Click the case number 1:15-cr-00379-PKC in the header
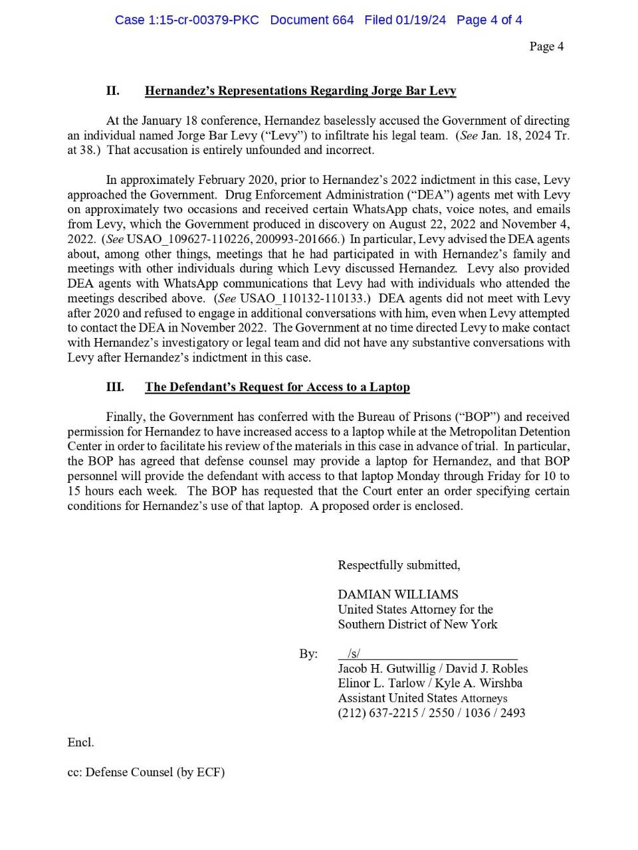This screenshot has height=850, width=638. [187, 20]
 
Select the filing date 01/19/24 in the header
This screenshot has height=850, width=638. [421, 20]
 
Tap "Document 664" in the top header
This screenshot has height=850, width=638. [312, 20]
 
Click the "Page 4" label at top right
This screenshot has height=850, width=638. [546, 46]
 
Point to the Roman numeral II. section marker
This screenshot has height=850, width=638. [113, 90]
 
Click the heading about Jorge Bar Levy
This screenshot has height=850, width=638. [300, 90]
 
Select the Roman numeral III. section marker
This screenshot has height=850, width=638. [115, 386]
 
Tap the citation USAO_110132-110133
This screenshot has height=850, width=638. [302, 298]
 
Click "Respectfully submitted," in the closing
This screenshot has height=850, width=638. [399, 565]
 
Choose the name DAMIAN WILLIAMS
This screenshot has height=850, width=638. [398, 594]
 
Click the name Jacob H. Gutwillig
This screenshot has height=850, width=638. [387, 669]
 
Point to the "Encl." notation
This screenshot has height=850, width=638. [80, 742]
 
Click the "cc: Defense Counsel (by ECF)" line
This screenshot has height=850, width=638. [146, 772]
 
